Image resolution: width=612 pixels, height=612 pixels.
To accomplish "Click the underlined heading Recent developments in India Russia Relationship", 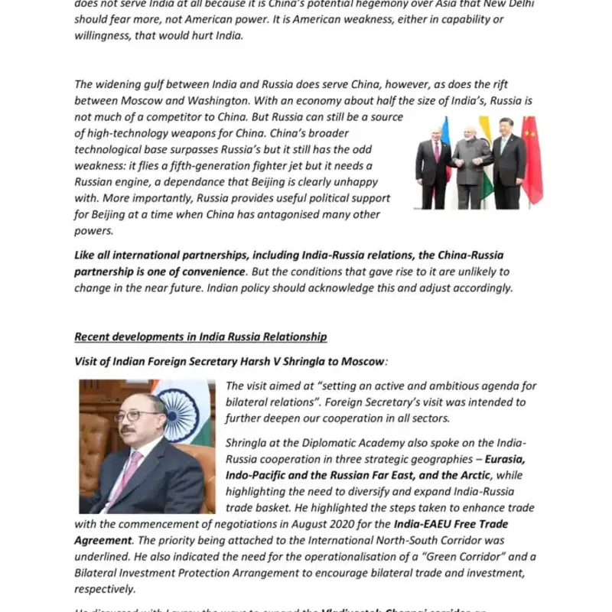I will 200,337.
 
